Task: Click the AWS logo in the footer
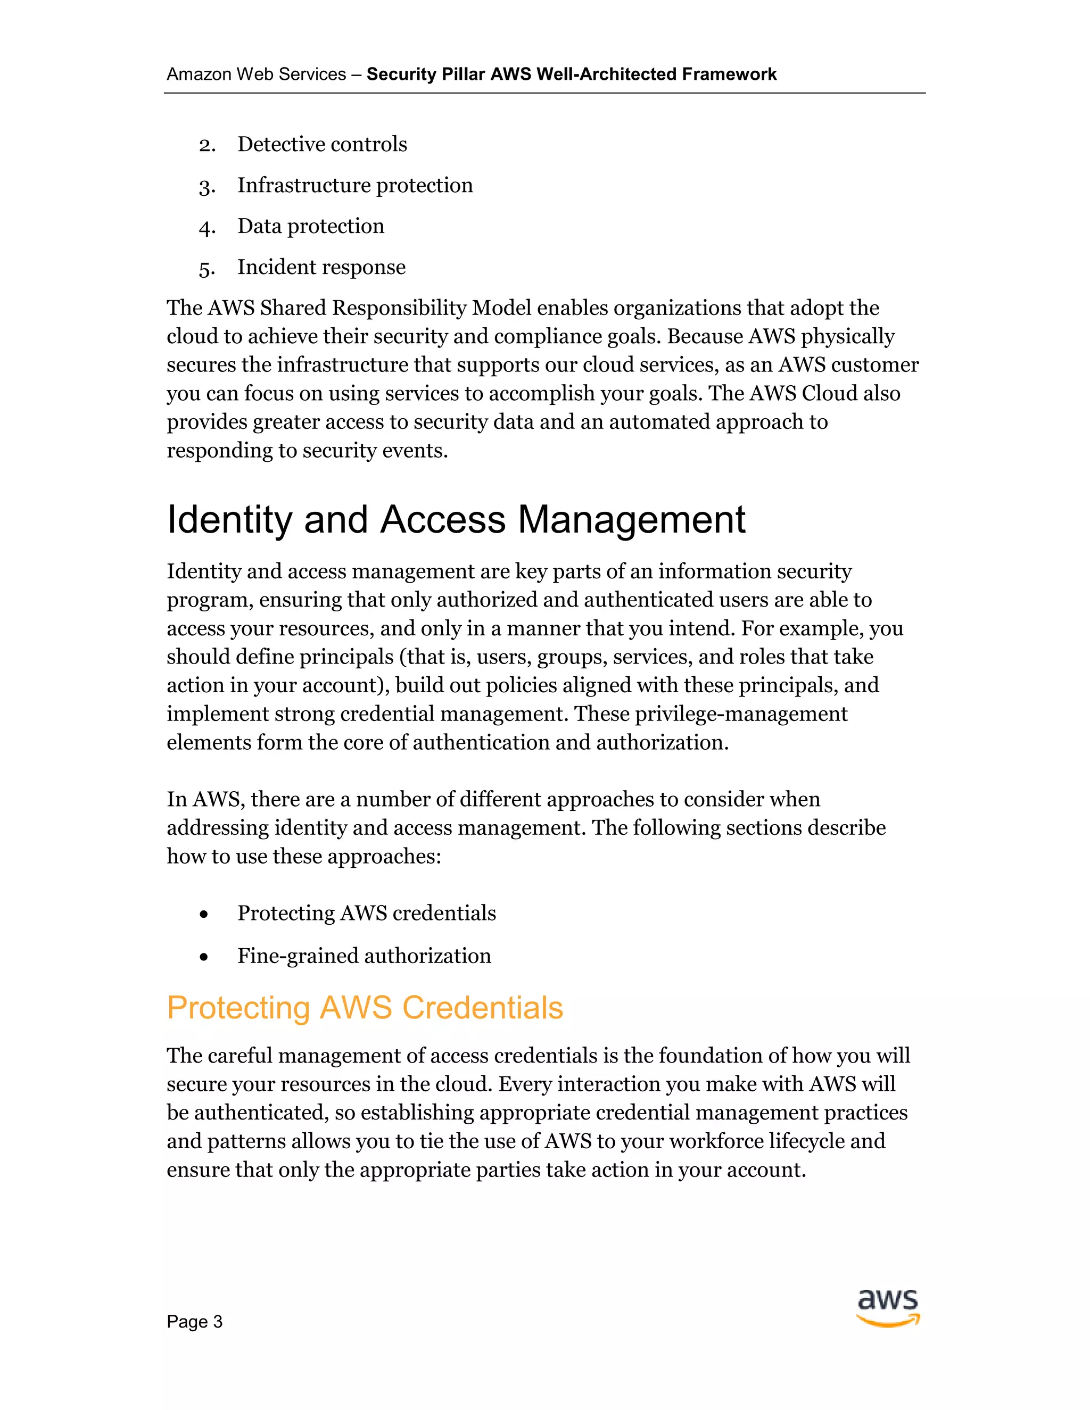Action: coord(888,1308)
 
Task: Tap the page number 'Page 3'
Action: coord(194,1322)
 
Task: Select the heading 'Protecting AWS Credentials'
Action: coord(365,1008)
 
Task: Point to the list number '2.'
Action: coord(207,145)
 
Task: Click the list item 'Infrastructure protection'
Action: coord(355,185)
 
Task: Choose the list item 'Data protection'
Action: coord(311,226)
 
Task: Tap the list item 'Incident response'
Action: coord(321,267)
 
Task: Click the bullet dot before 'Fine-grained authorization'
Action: coord(204,957)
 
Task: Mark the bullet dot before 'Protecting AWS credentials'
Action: coord(204,914)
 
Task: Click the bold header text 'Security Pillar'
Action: coord(426,74)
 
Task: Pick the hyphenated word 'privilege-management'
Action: coord(741,714)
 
